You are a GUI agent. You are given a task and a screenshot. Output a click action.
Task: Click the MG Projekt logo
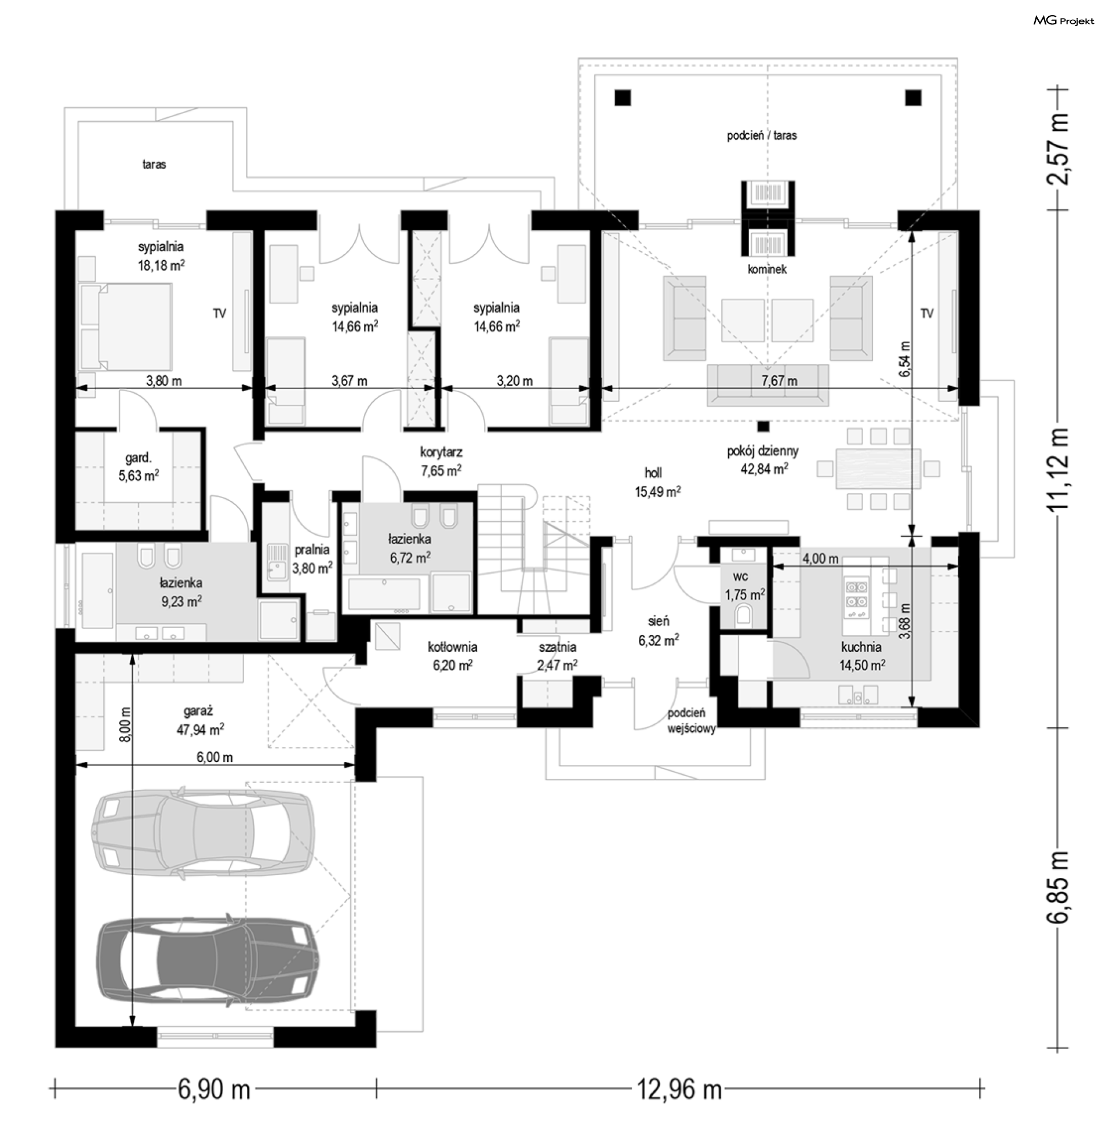coord(1063,21)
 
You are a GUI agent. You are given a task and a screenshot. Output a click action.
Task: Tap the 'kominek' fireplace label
coord(766,270)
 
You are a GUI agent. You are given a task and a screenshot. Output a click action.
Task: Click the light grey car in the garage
coord(203,833)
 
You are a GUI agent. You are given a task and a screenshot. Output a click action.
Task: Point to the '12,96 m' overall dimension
coord(679,1090)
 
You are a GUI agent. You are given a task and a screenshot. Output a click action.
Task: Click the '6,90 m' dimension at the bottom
coord(213,1090)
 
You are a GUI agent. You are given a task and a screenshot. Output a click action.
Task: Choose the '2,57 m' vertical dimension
coord(1057,149)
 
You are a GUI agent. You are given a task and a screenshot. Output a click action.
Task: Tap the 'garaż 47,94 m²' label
coord(200,720)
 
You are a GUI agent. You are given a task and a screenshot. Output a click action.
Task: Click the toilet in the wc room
coord(744,615)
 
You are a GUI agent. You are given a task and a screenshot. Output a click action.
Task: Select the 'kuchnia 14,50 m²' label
coord(861,656)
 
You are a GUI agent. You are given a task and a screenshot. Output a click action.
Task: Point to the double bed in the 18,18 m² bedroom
coord(125,326)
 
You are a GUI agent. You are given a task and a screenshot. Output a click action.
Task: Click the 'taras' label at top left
coord(154,164)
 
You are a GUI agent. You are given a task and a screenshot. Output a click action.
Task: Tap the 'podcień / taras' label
coord(762,135)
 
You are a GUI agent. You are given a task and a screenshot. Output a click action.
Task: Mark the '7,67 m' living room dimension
coord(779,380)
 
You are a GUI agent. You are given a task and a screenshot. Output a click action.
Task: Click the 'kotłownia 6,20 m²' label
coord(453,655)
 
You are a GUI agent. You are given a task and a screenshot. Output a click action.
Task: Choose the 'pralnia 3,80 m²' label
coord(312,558)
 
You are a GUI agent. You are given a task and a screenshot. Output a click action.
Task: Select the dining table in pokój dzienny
coord(878,469)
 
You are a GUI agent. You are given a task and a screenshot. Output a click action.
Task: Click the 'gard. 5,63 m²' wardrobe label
coord(139,467)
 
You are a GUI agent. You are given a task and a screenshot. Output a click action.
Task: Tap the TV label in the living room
coord(926,313)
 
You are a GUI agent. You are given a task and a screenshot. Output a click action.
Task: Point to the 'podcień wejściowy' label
coord(692,721)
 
